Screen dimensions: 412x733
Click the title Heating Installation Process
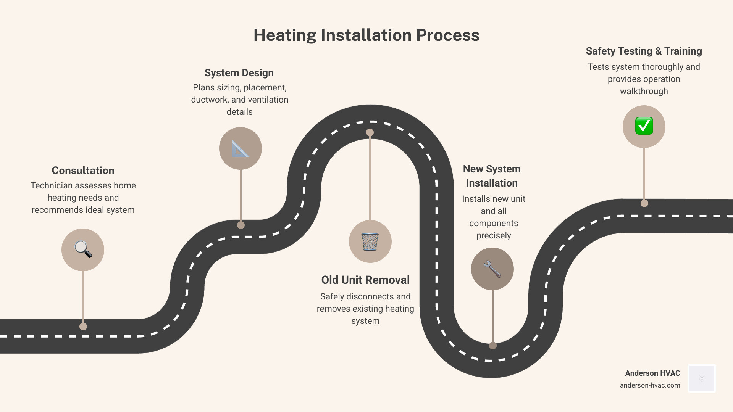click(x=366, y=35)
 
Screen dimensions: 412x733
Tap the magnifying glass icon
click(x=83, y=249)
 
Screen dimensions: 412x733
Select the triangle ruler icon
click(x=240, y=148)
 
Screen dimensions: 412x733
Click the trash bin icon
click(x=370, y=241)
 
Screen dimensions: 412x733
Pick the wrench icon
click(x=492, y=269)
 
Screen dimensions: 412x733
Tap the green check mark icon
click(x=644, y=126)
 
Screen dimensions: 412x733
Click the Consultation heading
click(x=83, y=171)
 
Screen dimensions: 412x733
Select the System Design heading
click(x=239, y=73)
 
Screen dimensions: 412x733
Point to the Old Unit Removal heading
click(x=365, y=280)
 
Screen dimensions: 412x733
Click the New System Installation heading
click(x=492, y=176)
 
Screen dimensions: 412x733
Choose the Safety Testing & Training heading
click(x=644, y=51)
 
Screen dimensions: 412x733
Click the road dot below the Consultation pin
click(x=83, y=327)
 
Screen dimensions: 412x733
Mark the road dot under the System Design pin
click(x=241, y=225)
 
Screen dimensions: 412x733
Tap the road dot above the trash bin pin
click(x=370, y=132)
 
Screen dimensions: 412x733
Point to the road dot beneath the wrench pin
click(x=493, y=346)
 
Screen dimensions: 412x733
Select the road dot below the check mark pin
click(x=644, y=203)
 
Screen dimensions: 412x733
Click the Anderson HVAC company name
click(x=652, y=373)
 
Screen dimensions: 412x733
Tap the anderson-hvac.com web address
click(x=650, y=385)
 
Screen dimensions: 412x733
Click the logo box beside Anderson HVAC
click(x=702, y=378)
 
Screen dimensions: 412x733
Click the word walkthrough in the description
click(x=644, y=92)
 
